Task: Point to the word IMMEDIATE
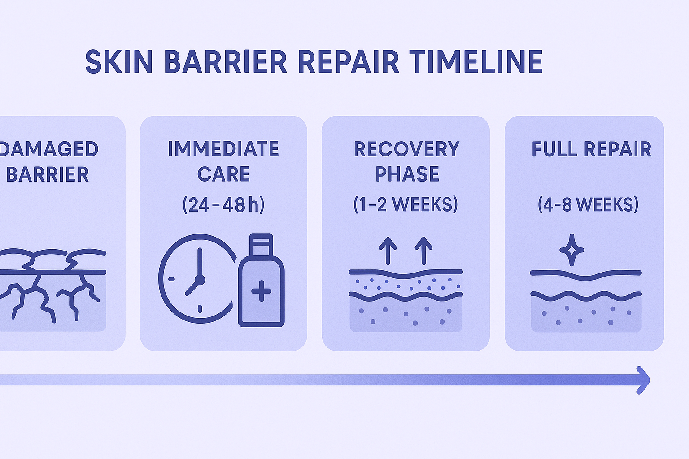coord(223,149)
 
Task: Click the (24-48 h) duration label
coord(223,204)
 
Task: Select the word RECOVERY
coord(406,149)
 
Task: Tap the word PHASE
coord(407,174)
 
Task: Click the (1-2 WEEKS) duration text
coord(406,204)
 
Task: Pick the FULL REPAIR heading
coord(592,149)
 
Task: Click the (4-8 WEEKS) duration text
coord(588,204)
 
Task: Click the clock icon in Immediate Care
coord(197,279)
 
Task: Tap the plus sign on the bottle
coord(261,291)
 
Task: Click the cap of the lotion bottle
coord(261,245)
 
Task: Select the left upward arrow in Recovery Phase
coord(388,251)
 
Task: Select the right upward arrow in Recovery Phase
coord(423,251)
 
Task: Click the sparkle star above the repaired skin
coord(571,250)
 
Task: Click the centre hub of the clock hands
coord(200,280)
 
